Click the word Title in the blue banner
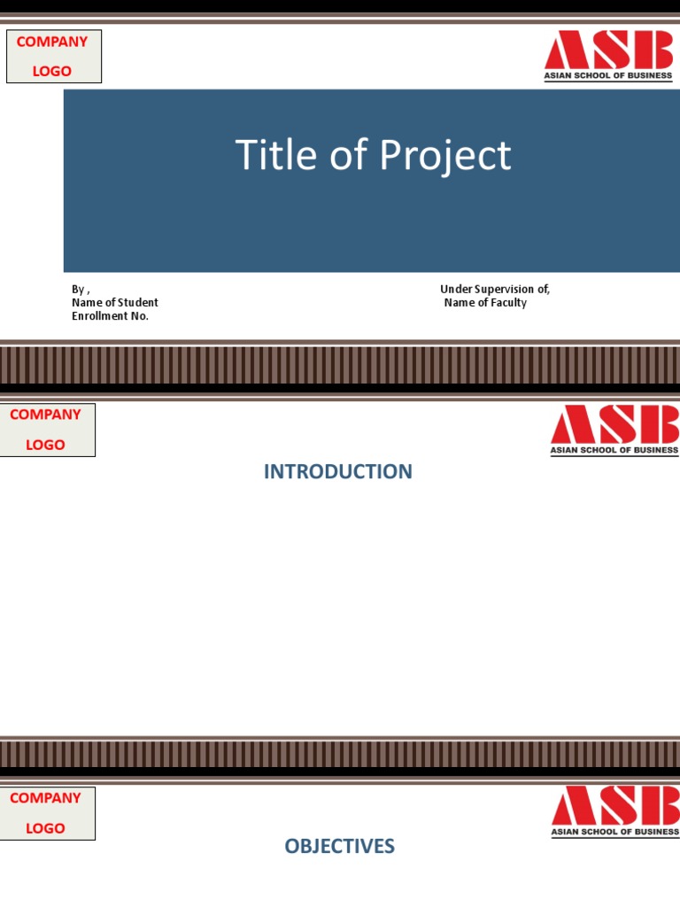pos(265,155)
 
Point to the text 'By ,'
pos(81,290)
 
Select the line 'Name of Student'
pos(115,303)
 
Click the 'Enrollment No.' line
pos(110,316)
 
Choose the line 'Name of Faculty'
pos(485,303)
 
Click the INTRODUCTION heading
pos(338,472)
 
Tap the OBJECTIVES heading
pos(339,847)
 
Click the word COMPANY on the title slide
pos(52,42)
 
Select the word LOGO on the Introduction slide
pos(45,445)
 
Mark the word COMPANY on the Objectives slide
pos(45,798)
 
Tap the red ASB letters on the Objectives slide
pos(614,806)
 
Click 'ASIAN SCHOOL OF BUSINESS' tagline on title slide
pos(608,76)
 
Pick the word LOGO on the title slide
pos(52,71)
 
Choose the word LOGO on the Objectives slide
pos(45,828)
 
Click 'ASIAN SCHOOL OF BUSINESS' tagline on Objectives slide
pos(614,832)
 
